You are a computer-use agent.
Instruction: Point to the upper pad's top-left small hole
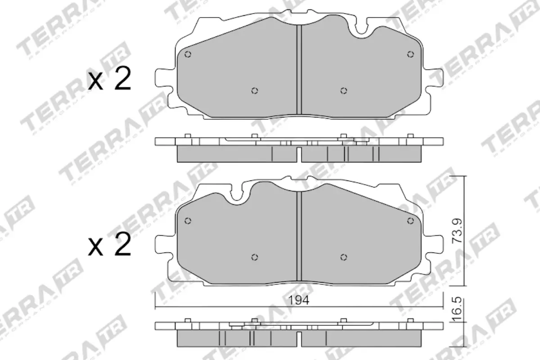[x=188, y=54]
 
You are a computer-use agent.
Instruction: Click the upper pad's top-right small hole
[x=410, y=54]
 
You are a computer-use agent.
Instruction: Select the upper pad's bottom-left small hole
[x=255, y=91]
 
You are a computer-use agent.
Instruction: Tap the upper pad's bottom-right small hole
[x=343, y=91]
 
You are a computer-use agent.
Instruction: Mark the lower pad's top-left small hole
[x=188, y=220]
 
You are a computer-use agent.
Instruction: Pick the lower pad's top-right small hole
[x=410, y=220]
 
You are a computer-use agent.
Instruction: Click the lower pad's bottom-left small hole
[x=255, y=257]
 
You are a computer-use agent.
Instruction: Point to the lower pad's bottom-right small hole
[x=343, y=257]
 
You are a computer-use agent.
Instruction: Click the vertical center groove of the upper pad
[x=299, y=70]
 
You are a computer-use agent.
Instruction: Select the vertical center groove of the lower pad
[x=299, y=236]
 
